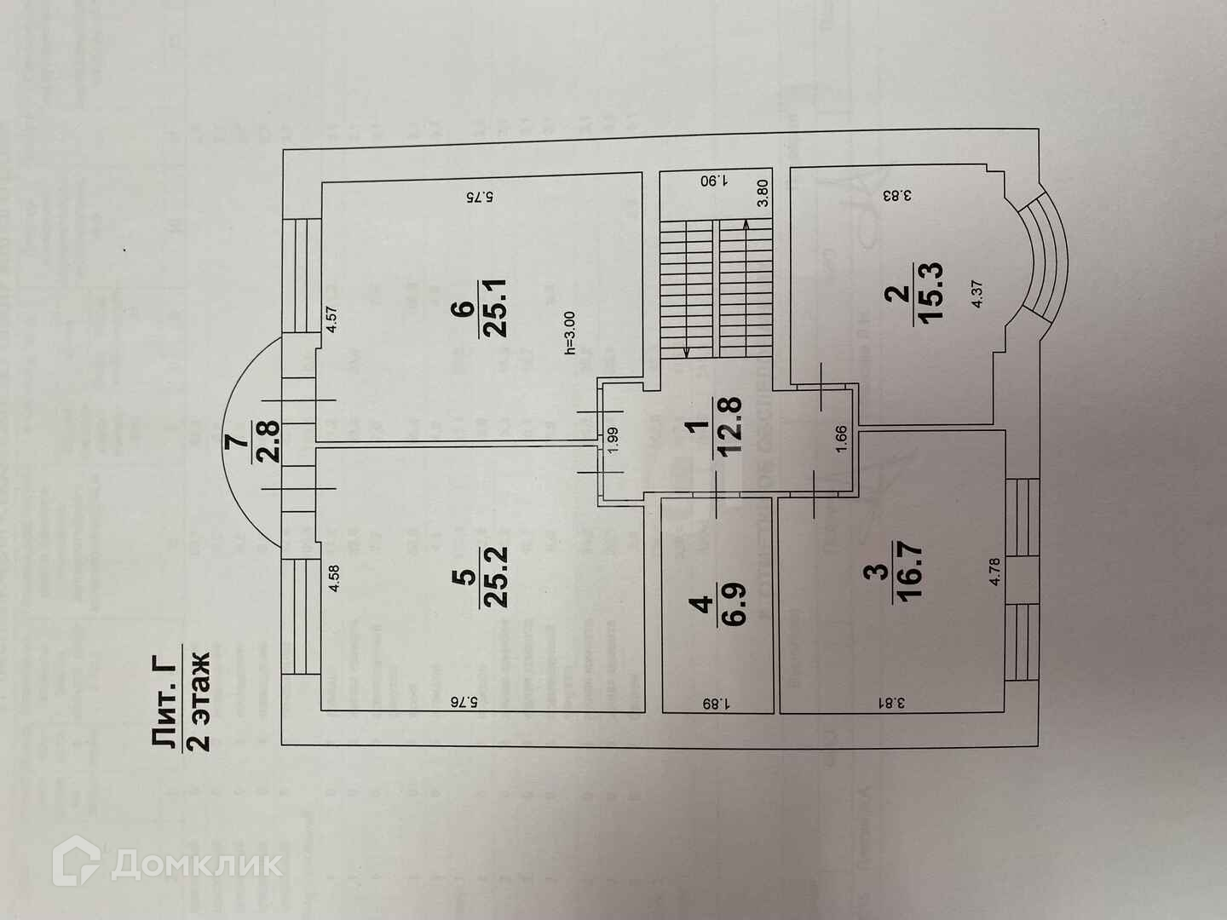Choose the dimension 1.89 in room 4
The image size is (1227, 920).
tap(716, 704)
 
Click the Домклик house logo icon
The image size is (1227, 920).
tap(77, 865)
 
